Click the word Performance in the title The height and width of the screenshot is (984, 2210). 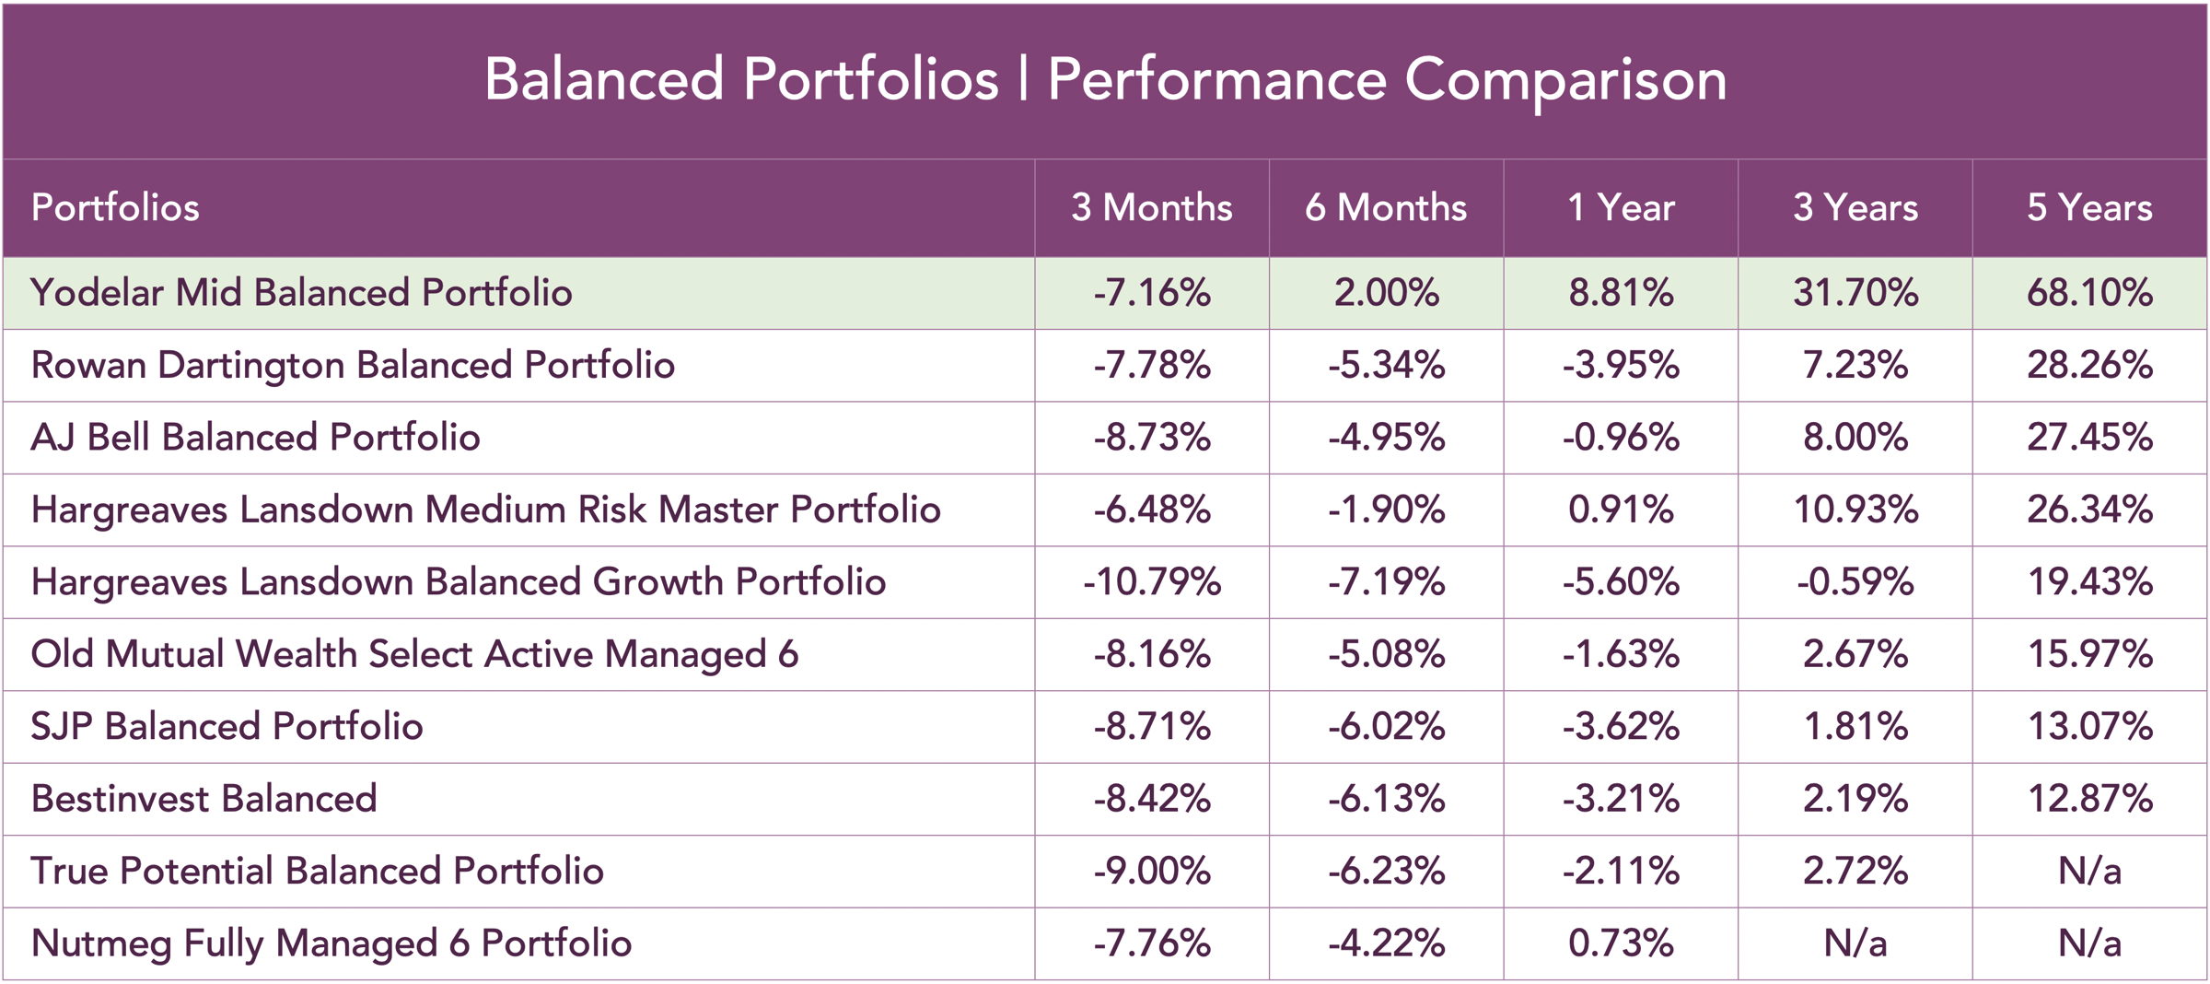(1216, 80)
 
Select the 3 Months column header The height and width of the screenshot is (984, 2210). (1151, 207)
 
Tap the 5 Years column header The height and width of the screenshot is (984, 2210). (2088, 207)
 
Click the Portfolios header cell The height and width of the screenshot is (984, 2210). (115, 207)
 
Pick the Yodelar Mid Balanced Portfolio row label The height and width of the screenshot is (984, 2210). (301, 293)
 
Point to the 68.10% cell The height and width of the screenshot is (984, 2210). (2088, 293)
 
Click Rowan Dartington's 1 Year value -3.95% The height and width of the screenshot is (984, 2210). (1620, 365)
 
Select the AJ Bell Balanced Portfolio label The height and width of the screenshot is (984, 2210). (255, 438)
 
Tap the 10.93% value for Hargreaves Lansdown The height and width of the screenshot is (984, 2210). (1855, 510)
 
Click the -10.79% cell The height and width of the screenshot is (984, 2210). (1151, 582)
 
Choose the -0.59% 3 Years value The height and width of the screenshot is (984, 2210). (1855, 582)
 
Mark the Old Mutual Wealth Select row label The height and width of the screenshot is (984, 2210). (414, 654)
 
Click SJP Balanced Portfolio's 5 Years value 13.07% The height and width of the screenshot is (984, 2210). (2088, 727)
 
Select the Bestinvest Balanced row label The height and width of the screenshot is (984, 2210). (204, 799)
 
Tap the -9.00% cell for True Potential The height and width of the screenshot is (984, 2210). (1151, 872)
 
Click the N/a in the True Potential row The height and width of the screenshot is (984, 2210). (2088, 872)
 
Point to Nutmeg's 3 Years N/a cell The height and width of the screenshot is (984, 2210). (1855, 943)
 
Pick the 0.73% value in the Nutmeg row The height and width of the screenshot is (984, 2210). (1620, 943)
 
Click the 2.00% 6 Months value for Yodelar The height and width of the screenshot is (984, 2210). (1386, 293)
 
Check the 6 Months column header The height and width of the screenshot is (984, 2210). (1386, 207)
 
